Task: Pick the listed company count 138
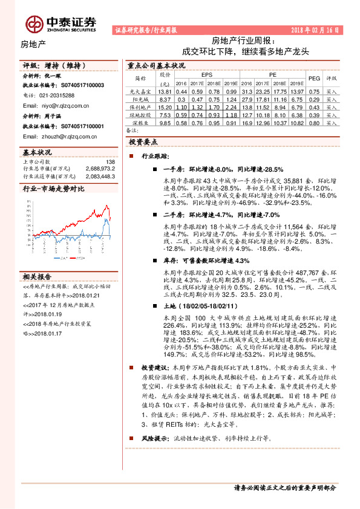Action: (x=110, y=162)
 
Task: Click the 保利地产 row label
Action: (x=140, y=106)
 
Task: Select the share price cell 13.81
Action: (x=165, y=91)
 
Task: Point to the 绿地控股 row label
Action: (x=140, y=114)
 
